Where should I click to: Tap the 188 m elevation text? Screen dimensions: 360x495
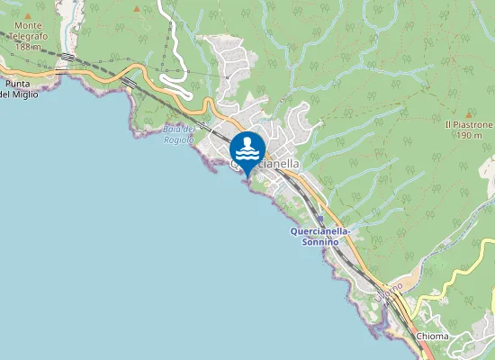click(x=29, y=47)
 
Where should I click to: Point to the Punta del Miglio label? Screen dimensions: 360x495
click(x=19, y=88)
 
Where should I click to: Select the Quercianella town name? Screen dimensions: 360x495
click(x=265, y=166)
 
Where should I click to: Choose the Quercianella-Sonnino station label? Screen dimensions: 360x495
click(x=321, y=236)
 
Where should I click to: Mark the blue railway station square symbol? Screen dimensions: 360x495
click(x=320, y=219)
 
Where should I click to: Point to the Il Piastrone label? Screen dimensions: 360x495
click(x=469, y=124)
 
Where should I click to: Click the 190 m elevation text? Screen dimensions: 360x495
click(x=469, y=135)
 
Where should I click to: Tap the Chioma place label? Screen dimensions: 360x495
click(x=433, y=336)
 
